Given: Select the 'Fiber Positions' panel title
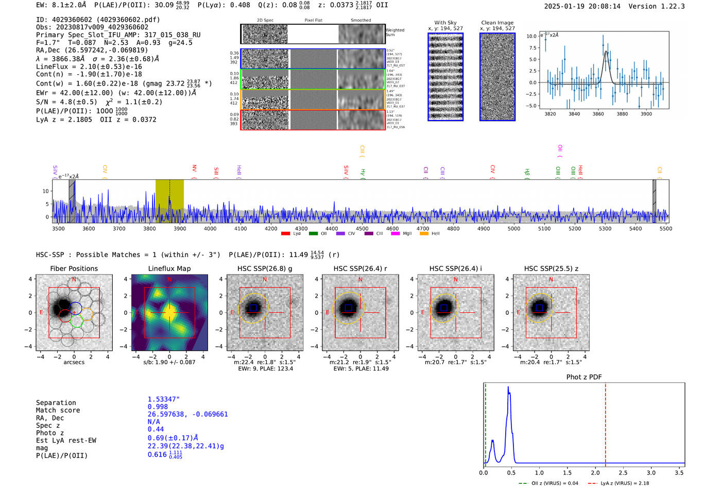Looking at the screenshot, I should point(74,268).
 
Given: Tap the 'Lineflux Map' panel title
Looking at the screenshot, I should point(169,268).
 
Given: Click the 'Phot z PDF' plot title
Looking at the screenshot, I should point(583,377).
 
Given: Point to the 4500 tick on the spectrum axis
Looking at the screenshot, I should point(362,228).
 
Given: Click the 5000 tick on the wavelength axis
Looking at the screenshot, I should point(514,228).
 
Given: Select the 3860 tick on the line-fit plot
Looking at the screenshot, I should point(598,114).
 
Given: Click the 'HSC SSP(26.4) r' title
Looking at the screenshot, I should point(360,268).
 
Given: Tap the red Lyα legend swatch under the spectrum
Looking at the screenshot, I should point(285,234).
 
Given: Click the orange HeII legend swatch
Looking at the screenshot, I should point(424,234).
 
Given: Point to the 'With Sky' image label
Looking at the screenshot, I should point(445,23).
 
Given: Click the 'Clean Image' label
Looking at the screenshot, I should point(497,23).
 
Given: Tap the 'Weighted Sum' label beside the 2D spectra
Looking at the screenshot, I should point(394,32).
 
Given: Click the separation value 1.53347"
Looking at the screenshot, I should point(163,399).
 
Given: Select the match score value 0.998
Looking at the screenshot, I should point(158,407).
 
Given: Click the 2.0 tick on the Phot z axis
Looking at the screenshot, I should point(595,472).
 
